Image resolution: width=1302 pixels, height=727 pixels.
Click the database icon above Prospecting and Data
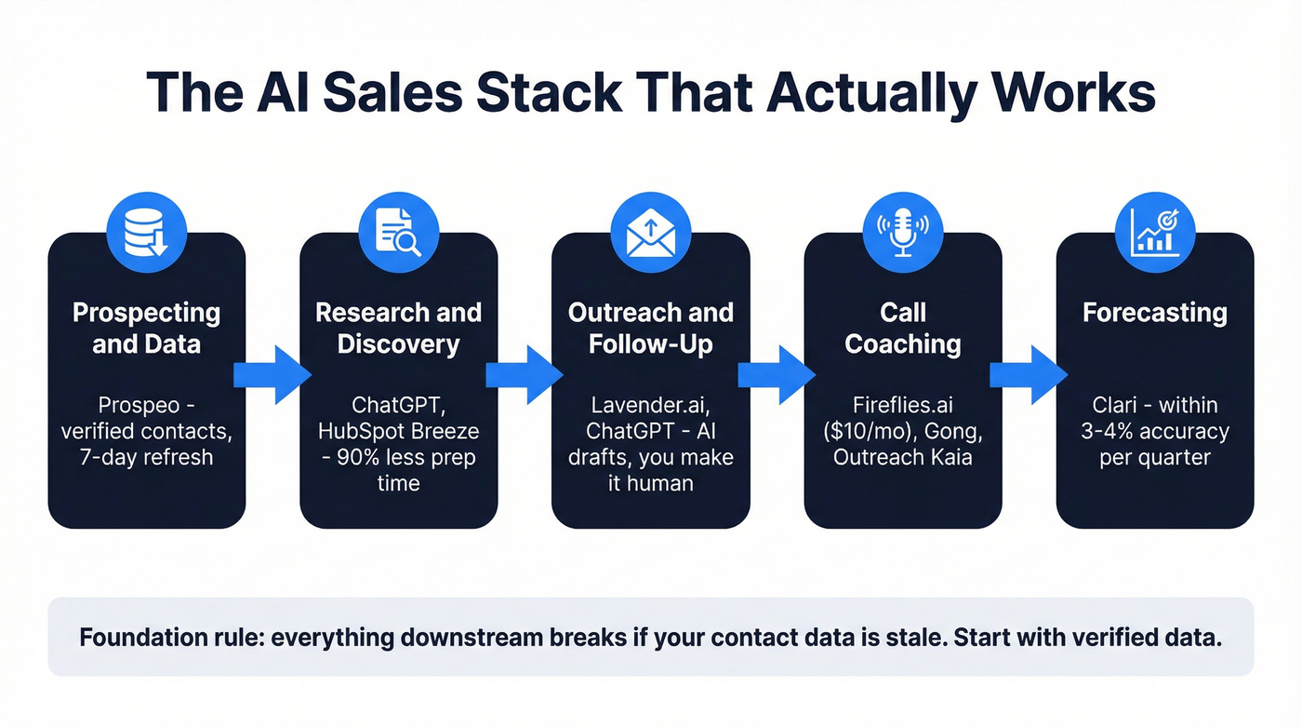coord(147,231)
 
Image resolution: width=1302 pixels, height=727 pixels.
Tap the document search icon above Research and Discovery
coord(398,231)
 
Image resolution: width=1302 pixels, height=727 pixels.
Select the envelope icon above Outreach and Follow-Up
coord(650,231)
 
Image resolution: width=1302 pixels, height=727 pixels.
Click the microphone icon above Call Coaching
coord(902,231)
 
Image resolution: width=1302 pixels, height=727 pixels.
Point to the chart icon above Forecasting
coord(1154,231)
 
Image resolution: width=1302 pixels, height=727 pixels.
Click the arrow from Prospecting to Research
coord(272,374)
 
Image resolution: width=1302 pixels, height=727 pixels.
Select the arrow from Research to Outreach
coord(524,374)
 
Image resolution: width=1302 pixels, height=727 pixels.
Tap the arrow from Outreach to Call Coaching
coord(777,374)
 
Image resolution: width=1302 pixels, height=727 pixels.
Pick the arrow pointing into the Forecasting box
coord(1028,374)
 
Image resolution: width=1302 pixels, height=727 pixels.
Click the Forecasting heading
coord(1154,313)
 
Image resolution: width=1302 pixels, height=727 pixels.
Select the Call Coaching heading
coord(902,328)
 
